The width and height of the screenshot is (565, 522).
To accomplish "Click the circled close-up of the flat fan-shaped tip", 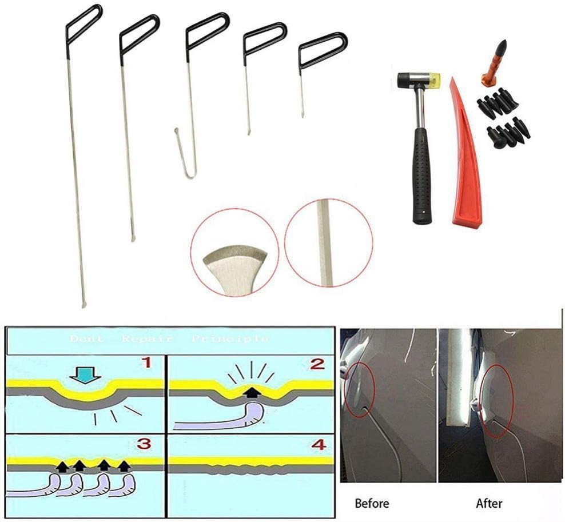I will [235, 252].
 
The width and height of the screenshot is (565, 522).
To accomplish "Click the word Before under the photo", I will [372, 504].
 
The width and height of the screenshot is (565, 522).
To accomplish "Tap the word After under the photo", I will [490, 504].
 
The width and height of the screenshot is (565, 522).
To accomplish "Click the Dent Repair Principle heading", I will [168, 338].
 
